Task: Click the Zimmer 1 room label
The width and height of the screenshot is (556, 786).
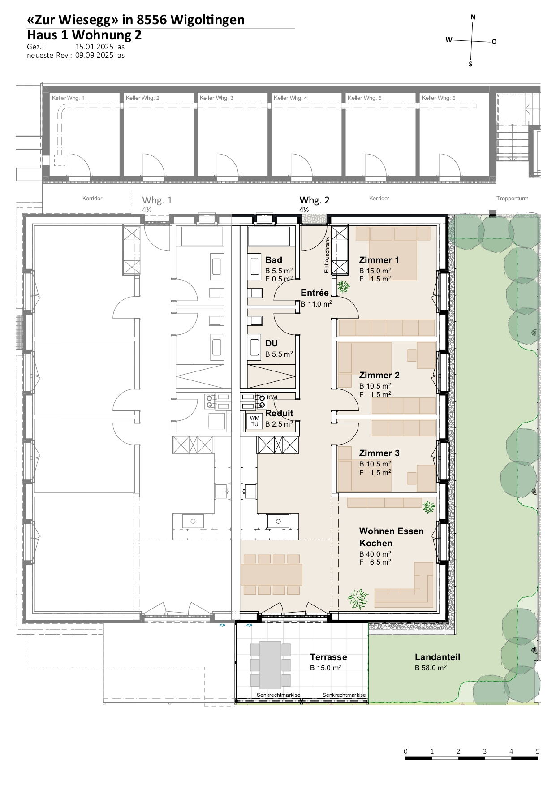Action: click(x=379, y=260)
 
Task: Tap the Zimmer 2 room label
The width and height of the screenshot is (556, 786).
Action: click(x=379, y=375)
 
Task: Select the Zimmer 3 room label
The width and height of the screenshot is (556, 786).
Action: click(x=379, y=453)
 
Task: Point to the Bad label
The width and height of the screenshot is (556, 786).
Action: click(x=274, y=260)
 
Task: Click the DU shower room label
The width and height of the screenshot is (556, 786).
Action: click(x=272, y=343)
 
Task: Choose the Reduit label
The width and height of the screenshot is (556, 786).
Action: click(x=279, y=413)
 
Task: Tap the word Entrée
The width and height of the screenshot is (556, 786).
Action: click(x=315, y=293)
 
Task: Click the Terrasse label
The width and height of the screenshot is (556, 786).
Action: click(x=328, y=657)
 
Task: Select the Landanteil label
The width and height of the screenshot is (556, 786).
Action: click(x=437, y=657)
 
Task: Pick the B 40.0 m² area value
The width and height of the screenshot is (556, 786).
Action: click(x=375, y=554)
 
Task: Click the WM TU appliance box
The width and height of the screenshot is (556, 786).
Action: click(x=254, y=421)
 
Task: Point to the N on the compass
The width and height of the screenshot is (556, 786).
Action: click(x=473, y=17)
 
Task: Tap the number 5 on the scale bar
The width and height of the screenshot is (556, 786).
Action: click(x=537, y=751)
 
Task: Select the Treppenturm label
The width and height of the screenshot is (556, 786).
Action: click(x=512, y=198)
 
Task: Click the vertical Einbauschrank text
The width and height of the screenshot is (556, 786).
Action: click(x=327, y=255)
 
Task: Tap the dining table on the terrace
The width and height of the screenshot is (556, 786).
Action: click(x=266, y=665)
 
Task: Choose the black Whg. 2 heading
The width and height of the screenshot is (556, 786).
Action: click(x=314, y=200)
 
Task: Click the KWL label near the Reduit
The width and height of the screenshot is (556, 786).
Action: click(x=272, y=397)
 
